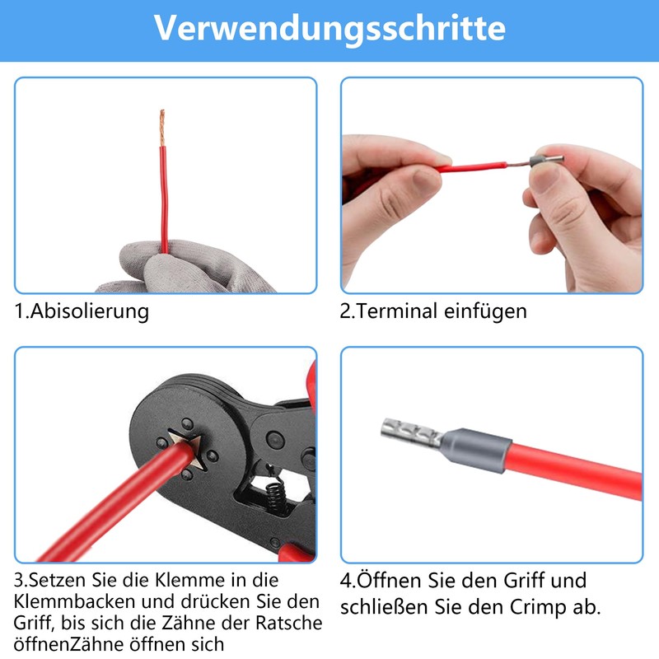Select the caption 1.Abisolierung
click(x=82, y=311)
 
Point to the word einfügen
click(x=486, y=311)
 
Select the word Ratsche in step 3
click(x=287, y=623)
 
